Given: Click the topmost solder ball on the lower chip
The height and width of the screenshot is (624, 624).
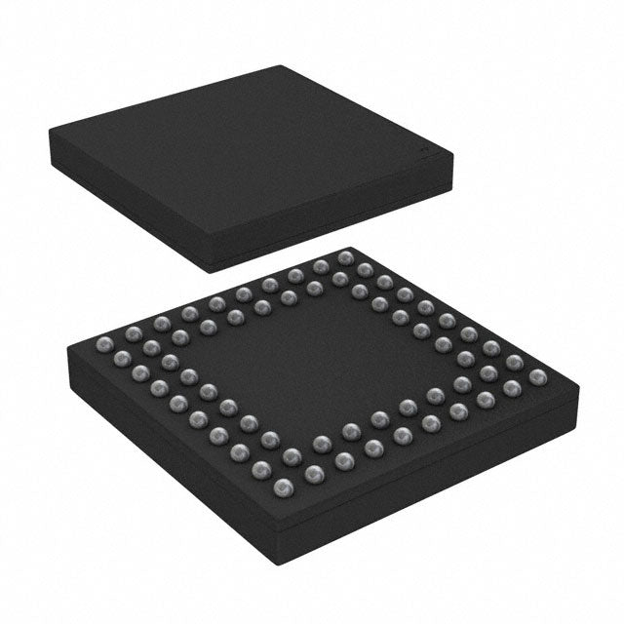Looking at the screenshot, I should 344,257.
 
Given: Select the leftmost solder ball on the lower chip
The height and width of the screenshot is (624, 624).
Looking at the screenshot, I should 105,341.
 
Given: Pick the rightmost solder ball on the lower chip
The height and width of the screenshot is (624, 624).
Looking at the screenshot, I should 534,375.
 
